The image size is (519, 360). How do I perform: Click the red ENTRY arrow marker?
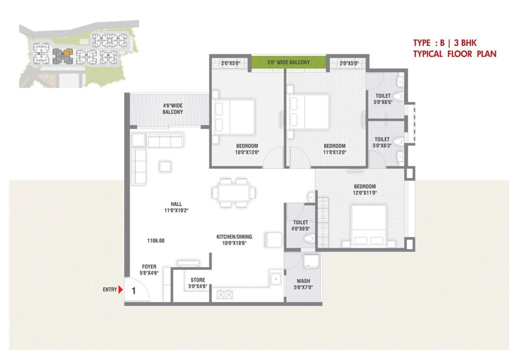(x=121, y=290)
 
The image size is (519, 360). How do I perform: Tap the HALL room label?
(x=176, y=204)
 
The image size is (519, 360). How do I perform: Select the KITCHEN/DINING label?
(x=234, y=237)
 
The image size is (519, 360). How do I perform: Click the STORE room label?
(x=198, y=280)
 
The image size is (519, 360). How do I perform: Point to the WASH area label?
(x=303, y=281)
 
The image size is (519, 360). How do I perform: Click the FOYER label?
(x=149, y=267)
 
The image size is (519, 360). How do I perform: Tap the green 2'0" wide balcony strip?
(x=288, y=62)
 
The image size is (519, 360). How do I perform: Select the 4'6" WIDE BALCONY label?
(x=173, y=109)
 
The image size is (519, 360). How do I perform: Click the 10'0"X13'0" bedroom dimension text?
(x=247, y=152)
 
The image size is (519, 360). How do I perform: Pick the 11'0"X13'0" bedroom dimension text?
(x=335, y=152)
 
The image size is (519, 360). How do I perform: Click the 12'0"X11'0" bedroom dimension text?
(x=365, y=193)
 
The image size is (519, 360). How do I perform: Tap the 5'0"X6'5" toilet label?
(x=383, y=102)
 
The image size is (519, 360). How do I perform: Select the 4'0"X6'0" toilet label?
(x=301, y=229)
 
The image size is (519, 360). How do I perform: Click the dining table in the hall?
(x=234, y=193)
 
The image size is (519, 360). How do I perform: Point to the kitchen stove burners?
(x=225, y=294)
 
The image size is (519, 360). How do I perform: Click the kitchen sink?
(x=276, y=279)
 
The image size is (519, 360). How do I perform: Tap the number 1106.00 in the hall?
(x=156, y=241)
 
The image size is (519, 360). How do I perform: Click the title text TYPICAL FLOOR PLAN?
(x=455, y=54)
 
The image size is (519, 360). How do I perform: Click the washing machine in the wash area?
(x=311, y=260)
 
